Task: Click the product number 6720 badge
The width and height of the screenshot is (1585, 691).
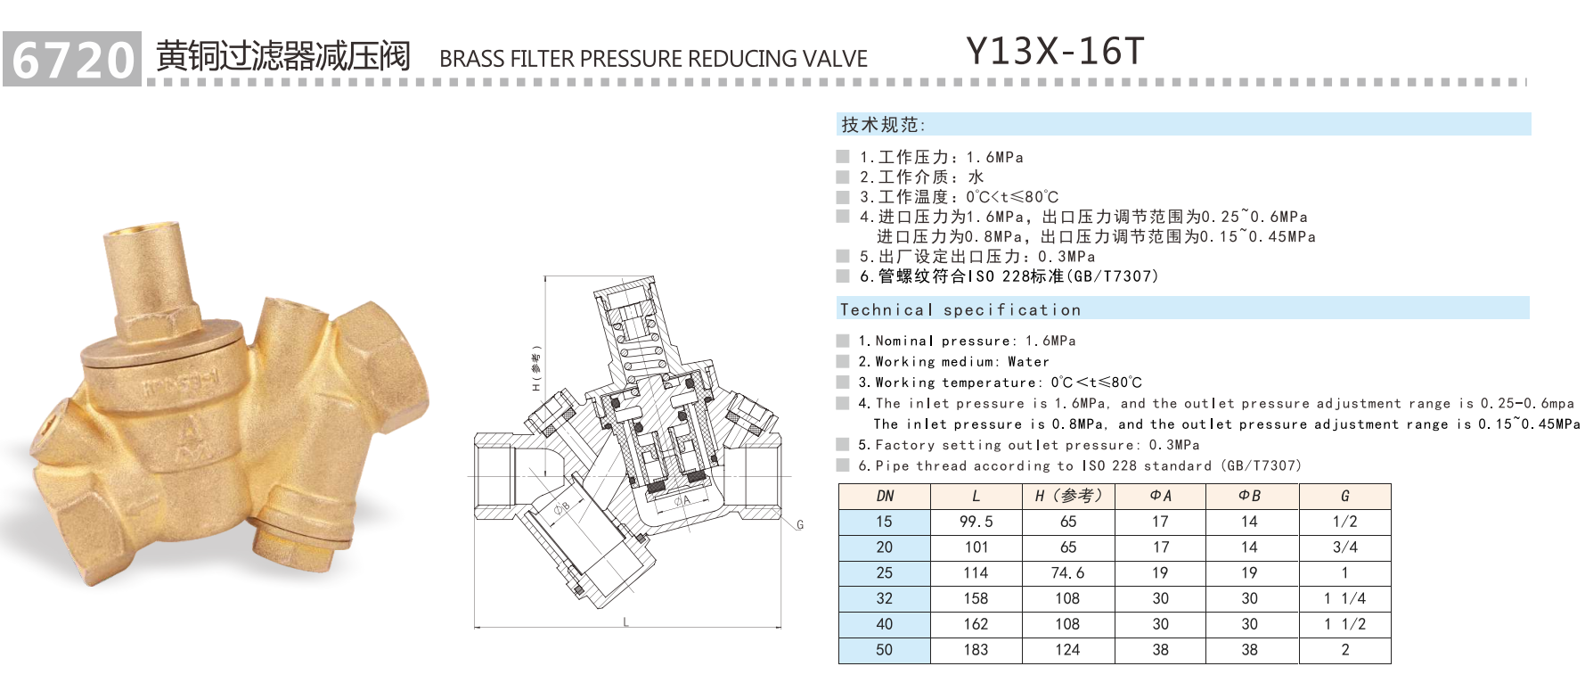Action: click(72, 59)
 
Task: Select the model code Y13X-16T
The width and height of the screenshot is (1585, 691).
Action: click(1055, 52)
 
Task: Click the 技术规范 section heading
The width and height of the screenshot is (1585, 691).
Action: click(883, 125)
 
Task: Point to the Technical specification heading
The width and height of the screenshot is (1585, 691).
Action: click(960, 310)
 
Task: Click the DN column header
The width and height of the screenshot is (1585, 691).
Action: click(884, 497)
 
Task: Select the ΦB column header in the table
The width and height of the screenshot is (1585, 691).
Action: click(1249, 497)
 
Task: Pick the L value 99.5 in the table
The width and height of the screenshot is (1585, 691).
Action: click(976, 522)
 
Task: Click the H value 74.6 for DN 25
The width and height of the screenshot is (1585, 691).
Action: click(1067, 573)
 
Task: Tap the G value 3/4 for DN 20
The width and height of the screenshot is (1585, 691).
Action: click(1344, 547)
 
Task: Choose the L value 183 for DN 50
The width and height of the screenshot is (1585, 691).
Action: click(976, 651)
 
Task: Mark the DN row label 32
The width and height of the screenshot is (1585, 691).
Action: click(884, 599)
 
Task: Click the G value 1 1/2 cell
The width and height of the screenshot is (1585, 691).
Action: click(1344, 625)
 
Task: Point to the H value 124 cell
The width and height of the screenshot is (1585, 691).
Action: click(1067, 651)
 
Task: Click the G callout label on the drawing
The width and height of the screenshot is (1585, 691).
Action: click(800, 525)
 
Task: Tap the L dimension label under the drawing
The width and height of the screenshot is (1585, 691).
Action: click(626, 621)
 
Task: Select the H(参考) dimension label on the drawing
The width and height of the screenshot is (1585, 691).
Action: click(536, 368)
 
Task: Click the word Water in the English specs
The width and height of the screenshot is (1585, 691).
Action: click(1028, 362)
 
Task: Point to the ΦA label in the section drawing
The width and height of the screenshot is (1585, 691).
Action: click(682, 501)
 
